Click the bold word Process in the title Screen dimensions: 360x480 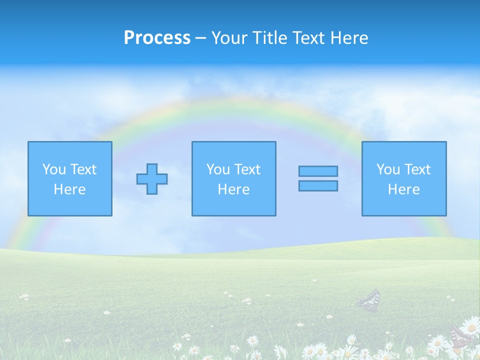[x=157, y=38]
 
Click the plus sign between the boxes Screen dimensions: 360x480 [x=152, y=179]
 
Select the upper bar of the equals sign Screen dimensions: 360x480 [x=318, y=171]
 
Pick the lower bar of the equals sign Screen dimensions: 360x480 [x=318, y=185]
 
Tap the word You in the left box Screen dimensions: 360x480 [x=53, y=169]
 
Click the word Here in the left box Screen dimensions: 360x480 [x=69, y=189]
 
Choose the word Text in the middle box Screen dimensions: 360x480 [x=247, y=169]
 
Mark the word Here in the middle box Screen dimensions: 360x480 [x=233, y=189]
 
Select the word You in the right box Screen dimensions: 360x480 [x=388, y=169]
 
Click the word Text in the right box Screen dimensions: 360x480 [x=417, y=169]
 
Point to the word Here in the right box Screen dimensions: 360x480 [x=403, y=189]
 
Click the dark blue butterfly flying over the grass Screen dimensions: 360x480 [x=369, y=300]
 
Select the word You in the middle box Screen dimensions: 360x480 [x=218, y=169]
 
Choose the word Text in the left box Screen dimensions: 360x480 [x=83, y=169]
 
